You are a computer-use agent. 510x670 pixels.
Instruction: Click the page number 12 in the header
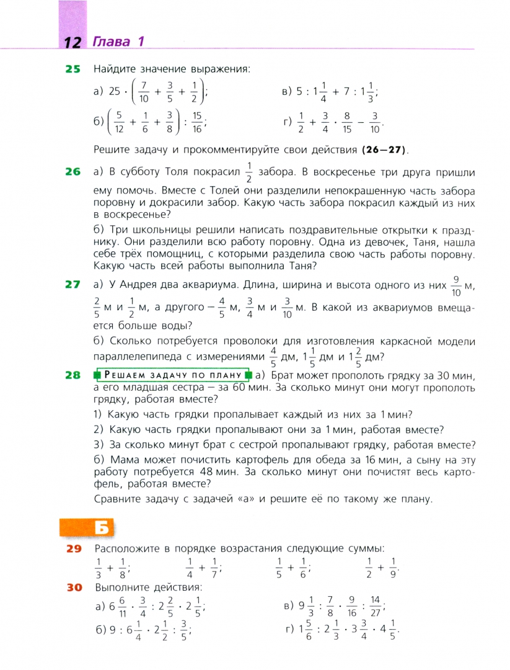tap(73, 42)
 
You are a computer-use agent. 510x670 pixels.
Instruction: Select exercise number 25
tap(73, 69)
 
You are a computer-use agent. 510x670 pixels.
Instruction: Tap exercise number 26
tap(73, 172)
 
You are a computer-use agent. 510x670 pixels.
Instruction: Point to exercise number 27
tap(73, 285)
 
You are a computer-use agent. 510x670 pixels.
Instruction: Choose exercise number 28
tap(73, 375)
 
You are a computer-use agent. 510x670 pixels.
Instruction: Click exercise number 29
tap(74, 548)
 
